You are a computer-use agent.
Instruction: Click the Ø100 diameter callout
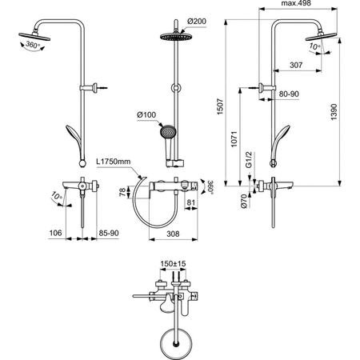pos(146,116)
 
